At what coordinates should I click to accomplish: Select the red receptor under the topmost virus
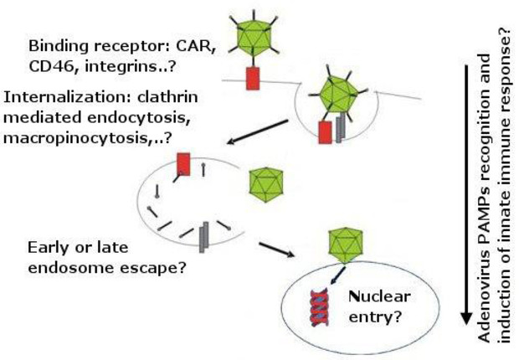253,79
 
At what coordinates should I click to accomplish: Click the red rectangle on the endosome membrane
184,165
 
